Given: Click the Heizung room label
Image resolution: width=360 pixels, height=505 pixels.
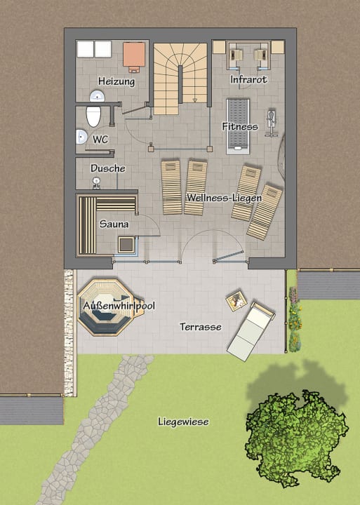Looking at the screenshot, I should [x=116, y=81].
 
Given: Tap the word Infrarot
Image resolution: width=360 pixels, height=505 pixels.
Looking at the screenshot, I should [x=249, y=80].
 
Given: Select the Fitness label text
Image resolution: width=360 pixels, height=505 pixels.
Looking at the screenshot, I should [x=240, y=127].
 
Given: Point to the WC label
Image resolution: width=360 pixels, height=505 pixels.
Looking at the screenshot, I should [x=101, y=140].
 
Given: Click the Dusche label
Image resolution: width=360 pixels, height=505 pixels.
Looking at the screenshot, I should [x=108, y=168].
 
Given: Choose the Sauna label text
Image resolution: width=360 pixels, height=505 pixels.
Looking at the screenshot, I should [x=114, y=224].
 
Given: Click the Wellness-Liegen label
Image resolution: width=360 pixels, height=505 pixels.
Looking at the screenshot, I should [x=224, y=198].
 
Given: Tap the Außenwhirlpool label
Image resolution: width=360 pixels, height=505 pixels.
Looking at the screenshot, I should [x=119, y=307].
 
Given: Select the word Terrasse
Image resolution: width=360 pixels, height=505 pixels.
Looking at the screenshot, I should [x=201, y=327].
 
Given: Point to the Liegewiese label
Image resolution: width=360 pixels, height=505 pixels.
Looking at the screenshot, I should [x=183, y=422].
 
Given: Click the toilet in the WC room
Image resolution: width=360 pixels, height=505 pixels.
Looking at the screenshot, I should [x=93, y=115].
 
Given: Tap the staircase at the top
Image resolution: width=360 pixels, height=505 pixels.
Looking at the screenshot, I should [x=181, y=77].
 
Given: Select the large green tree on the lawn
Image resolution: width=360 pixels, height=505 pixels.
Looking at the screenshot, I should [x=297, y=438].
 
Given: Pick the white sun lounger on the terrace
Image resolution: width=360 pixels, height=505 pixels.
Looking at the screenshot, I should [x=251, y=331].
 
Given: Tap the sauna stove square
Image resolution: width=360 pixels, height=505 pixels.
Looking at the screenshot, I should [x=126, y=245].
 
